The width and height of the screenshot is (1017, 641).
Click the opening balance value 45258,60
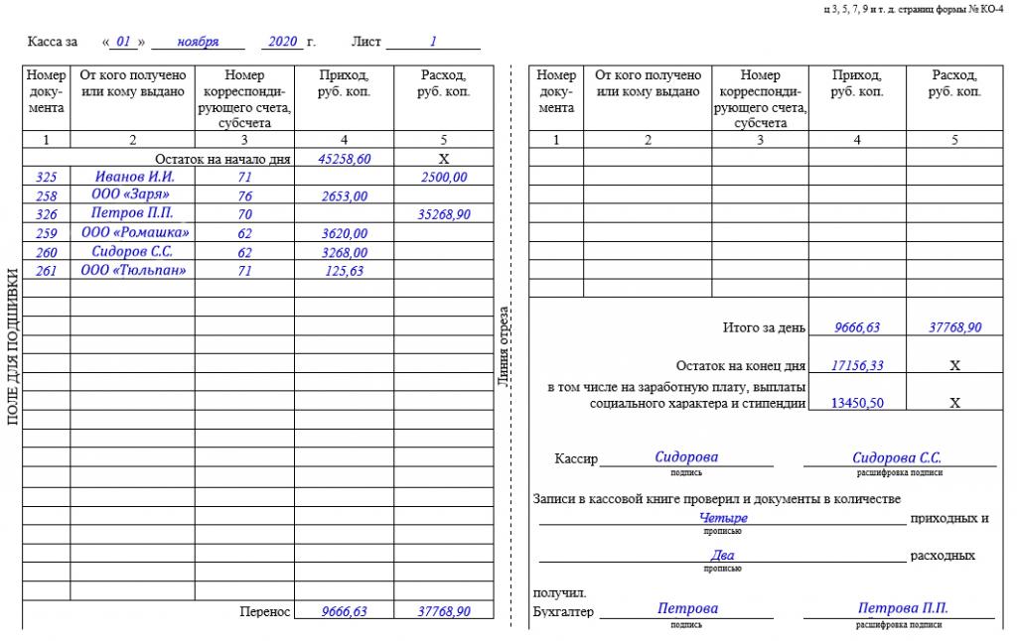coord(345,159)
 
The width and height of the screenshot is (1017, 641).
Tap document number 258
coord(46,195)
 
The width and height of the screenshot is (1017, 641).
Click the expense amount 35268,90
coord(443,214)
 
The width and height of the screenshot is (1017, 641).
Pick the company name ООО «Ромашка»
coord(133,233)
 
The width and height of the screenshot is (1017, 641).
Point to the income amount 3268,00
coord(345,252)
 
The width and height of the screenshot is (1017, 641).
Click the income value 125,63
coord(345,270)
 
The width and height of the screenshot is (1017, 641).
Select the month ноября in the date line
coord(198,43)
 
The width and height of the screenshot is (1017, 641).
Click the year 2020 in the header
coord(283,43)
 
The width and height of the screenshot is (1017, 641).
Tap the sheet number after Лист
coord(433,43)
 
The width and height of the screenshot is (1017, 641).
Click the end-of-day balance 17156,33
coord(857,365)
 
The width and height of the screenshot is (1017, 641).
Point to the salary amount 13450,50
coord(857,403)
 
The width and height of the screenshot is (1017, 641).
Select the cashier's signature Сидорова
coord(686,457)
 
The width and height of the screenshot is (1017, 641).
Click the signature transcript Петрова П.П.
coord(902,608)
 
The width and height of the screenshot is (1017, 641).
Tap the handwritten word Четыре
coord(723,518)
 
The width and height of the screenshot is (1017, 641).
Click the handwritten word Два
coord(723,556)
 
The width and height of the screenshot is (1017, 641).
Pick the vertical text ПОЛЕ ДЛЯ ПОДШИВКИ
coord(13,346)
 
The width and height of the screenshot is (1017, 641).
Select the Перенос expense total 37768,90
coord(443,612)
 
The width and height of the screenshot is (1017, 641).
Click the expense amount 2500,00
coord(443,177)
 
